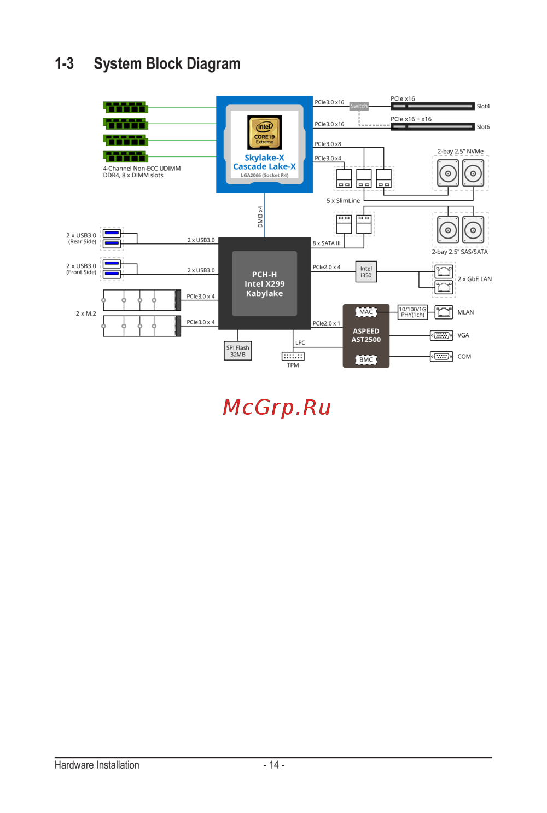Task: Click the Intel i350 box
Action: click(366, 272)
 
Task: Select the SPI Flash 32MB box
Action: click(238, 351)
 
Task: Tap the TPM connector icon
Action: click(293, 356)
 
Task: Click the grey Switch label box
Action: click(359, 106)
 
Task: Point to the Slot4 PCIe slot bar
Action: click(432, 106)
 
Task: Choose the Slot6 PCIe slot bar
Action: click(432, 127)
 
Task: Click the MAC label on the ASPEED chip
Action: click(366, 312)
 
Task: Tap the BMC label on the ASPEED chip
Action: click(366, 360)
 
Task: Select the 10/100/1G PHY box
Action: click(412, 312)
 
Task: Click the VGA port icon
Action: click(441, 335)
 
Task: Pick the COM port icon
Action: click(441, 357)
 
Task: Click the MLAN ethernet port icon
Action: click(444, 312)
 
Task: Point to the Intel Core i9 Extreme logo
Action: click(265, 132)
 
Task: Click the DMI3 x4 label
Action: click(260, 217)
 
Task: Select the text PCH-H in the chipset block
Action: click(264, 275)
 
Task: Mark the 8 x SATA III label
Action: click(327, 243)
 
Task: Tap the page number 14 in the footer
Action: click(274, 765)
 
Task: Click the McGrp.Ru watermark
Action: click(277, 408)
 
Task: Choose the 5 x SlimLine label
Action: click(343, 201)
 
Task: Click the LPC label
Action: click(300, 343)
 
